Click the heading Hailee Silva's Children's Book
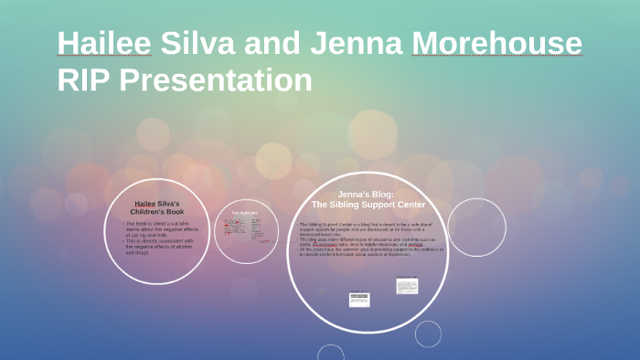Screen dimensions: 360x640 [x=157, y=206]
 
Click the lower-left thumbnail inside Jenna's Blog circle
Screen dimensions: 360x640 [x=358, y=299]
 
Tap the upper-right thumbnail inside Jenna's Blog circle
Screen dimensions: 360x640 [x=407, y=286]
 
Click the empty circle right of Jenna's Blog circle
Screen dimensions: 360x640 [x=475, y=228]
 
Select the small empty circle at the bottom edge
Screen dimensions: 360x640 [x=428, y=334]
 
